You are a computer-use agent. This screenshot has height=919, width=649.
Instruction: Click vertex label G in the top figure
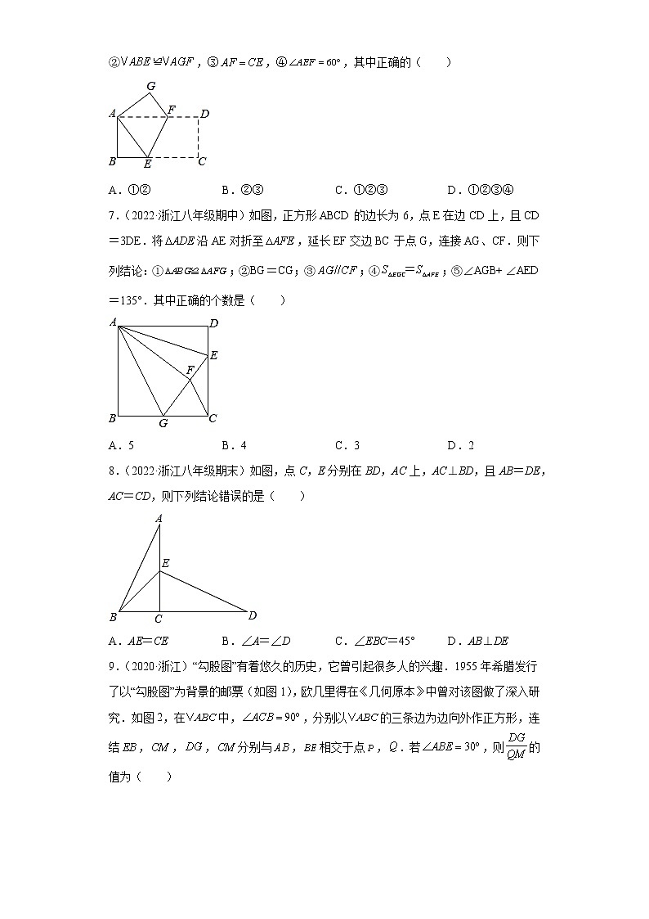point(150,86)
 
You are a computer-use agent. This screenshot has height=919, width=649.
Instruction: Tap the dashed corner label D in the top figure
point(205,114)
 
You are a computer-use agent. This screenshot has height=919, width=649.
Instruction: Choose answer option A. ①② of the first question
point(129,190)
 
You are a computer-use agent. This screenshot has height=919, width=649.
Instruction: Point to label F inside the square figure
point(190,371)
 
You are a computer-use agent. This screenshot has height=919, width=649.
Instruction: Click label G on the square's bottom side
point(163,423)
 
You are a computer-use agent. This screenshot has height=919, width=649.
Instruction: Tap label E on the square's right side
point(214,355)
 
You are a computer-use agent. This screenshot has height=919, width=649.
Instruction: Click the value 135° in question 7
point(131,300)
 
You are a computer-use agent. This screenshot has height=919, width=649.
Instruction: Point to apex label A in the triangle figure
point(159,517)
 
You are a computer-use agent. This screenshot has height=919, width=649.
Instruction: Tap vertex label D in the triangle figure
point(253,615)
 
